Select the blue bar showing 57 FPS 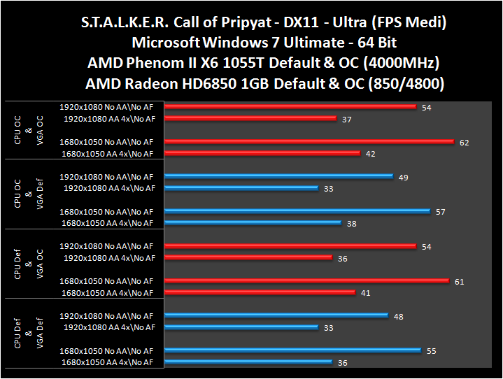click(x=298, y=211)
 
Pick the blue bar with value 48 click(x=276, y=316)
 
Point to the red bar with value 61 click(x=308, y=281)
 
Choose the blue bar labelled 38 click(x=253, y=223)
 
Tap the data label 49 click(x=403, y=177)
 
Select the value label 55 click(x=431, y=351)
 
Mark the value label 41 click(x=367, y=293)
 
